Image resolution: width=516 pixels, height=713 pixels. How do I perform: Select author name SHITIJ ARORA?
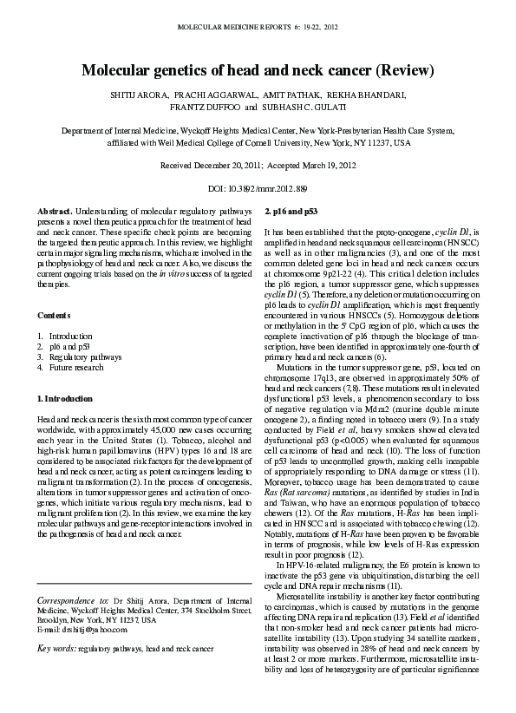tap(134, 95)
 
